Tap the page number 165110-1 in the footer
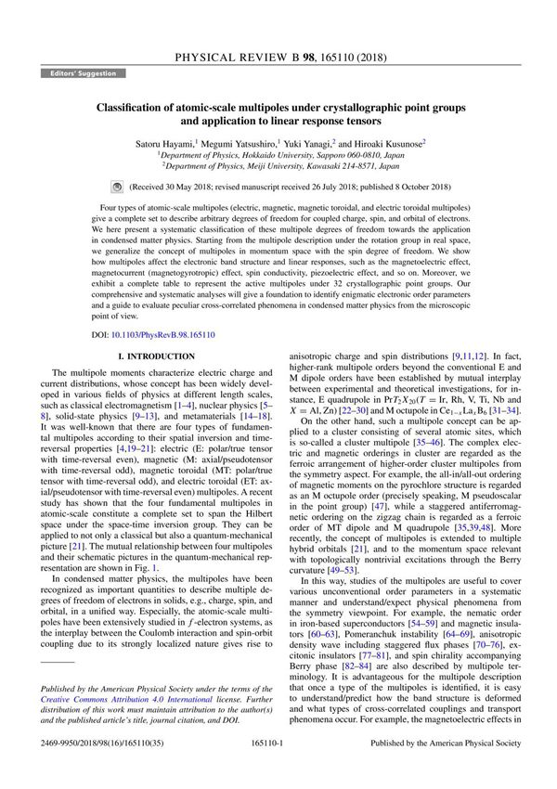(278, 768)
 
